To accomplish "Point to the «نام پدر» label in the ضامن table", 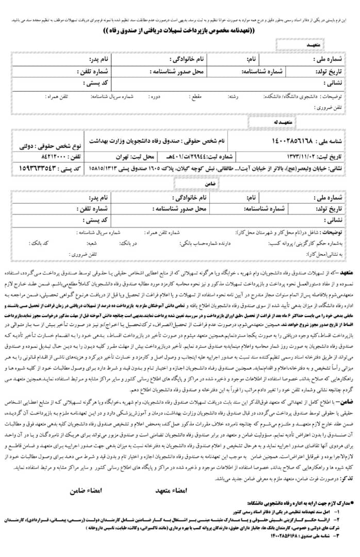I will pyautogui.click(x=97, y=198).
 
